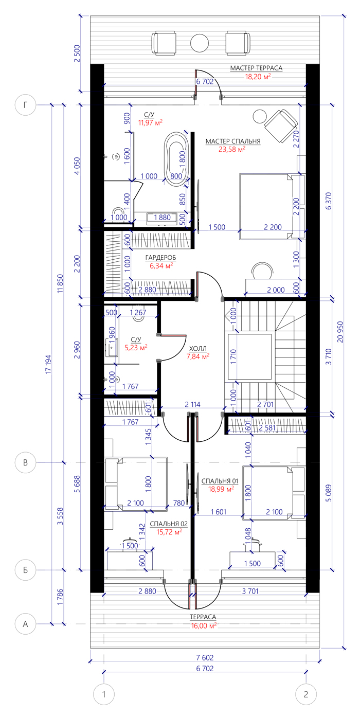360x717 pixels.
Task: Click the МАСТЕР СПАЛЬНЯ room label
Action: [233, 141]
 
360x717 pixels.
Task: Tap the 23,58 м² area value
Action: [232, 149]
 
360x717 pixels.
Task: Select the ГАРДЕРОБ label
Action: [160, 258]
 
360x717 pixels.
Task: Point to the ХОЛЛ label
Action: [198, 349]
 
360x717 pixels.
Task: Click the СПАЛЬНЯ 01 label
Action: [220, 481]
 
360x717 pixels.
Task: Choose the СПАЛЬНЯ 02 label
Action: [169, 524]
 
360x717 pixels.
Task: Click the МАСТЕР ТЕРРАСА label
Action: [256, 68]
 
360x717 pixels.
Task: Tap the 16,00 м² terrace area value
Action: [204, 626]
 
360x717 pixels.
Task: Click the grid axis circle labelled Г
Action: [25, 104]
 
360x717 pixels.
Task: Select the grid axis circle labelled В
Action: [25, 462]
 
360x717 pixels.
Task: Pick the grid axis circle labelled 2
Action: [306, 694]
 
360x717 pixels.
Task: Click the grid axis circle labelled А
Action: [25, 624]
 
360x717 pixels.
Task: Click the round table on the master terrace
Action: [200, 43]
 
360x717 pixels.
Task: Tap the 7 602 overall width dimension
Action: [205, 657]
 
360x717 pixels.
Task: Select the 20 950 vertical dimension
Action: [340, 332]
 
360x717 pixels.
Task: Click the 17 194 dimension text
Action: [48, 364]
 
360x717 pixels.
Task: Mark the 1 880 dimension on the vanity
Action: [162, 218]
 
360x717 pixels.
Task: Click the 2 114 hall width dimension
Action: [193, 404]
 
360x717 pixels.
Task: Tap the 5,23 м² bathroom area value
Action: [136, 347]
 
